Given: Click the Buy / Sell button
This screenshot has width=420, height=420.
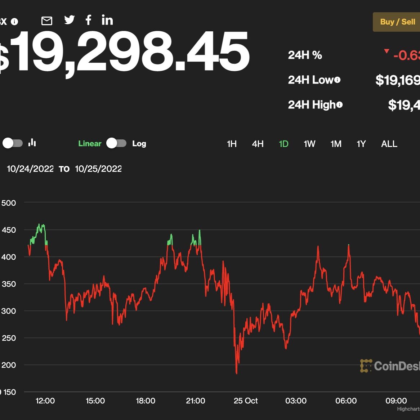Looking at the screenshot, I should point(397,22).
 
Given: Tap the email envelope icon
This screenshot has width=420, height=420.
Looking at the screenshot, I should point(47,21).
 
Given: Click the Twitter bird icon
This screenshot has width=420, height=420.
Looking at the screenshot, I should point(69,20).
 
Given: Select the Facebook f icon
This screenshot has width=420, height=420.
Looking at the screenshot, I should point(88,20).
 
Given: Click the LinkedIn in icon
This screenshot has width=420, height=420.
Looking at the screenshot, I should point(107,20).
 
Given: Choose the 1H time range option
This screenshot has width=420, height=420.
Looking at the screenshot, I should point(232,144).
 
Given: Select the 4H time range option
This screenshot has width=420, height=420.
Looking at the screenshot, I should point(258,144).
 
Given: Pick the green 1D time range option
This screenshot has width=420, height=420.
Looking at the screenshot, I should point(283,144).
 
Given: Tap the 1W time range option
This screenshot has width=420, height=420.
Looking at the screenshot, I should point(309,144).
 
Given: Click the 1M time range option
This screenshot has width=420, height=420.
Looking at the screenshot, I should point(336,144).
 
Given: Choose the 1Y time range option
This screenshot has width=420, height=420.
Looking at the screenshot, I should point(361,144).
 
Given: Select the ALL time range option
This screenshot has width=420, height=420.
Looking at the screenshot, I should point(389,144).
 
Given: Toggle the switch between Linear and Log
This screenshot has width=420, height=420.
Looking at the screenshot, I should point(116,143).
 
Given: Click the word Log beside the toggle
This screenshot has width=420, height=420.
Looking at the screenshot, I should point(139,144).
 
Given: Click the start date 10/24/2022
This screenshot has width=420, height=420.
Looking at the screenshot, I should point(30,169).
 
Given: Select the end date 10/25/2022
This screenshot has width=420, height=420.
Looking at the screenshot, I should point(98,169).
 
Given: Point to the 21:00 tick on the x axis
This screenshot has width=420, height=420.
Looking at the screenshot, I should point(196,401).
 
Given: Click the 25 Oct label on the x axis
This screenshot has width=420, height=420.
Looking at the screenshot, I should point(246,401).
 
